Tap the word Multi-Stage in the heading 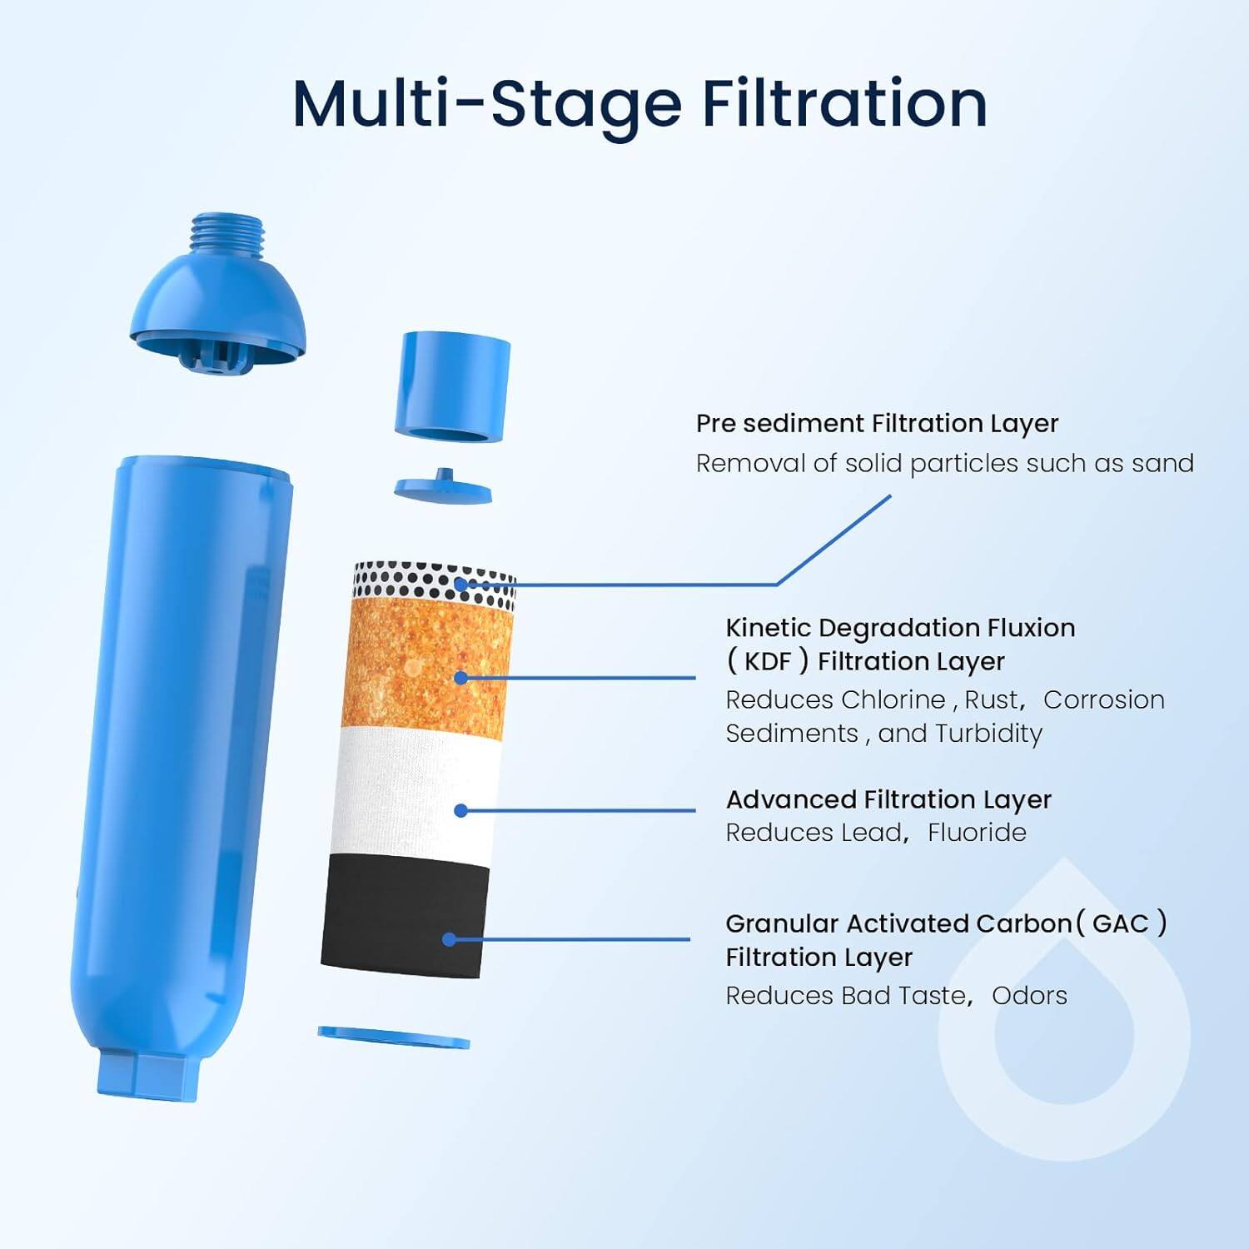487,104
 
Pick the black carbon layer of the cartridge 404,916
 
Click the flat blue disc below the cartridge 393,1038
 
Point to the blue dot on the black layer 449,939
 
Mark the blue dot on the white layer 461,810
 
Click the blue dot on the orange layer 460,678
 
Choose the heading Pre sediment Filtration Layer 877,423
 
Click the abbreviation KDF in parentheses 768,662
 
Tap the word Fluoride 977,833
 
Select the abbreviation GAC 1120,923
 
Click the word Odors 1029,996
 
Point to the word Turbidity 988,734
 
